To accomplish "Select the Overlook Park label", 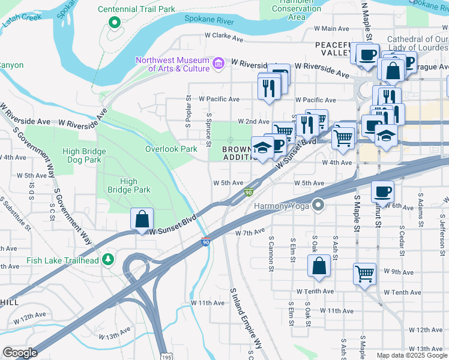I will coord(171,149).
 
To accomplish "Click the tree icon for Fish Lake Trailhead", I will coord(107,260).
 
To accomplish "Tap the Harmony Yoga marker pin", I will coord(318,206).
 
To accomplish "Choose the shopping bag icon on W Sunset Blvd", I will coord(142,219).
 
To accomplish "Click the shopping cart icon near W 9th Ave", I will coord(364,274).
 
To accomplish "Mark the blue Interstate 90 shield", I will coord(205,242).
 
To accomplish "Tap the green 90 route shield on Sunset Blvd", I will coord(248,192).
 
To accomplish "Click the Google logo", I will coord(20,353).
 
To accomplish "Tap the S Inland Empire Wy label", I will coord(246,318).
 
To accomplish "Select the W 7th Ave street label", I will coord(250,232).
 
